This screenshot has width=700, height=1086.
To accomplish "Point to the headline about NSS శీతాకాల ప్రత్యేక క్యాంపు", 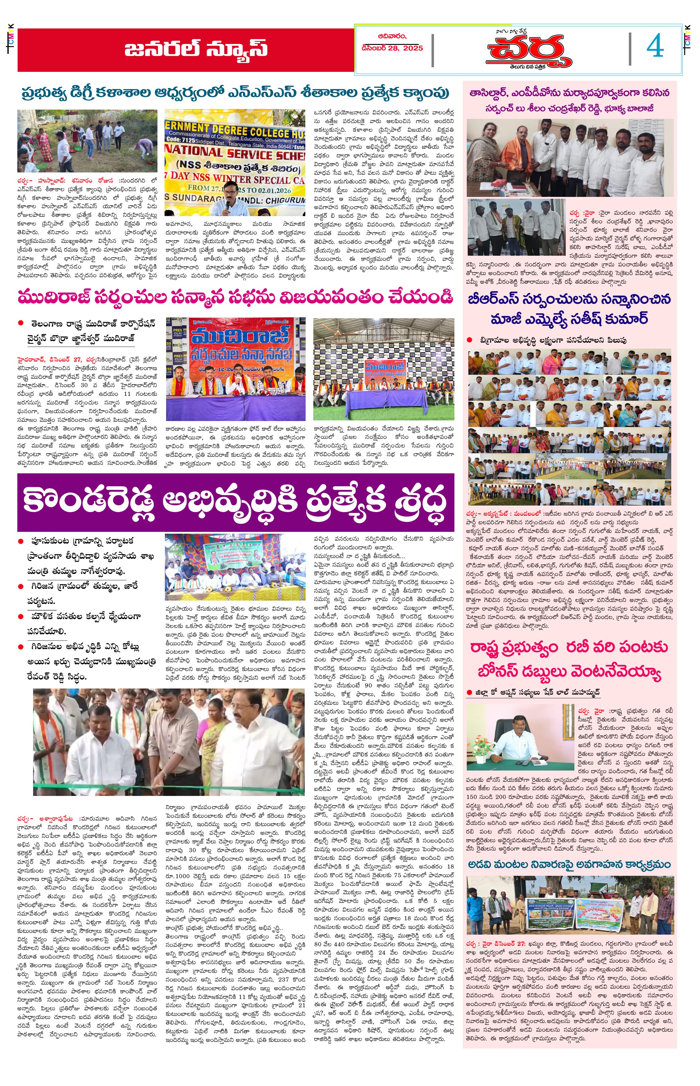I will pyautogui.click(x=235, y=93).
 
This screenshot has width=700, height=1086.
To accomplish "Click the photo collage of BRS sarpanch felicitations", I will pyautogui.click(x=569, y=426).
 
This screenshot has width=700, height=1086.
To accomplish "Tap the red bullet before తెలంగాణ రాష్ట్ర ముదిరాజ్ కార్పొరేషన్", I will pyautogui.click(x=20, y=323).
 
